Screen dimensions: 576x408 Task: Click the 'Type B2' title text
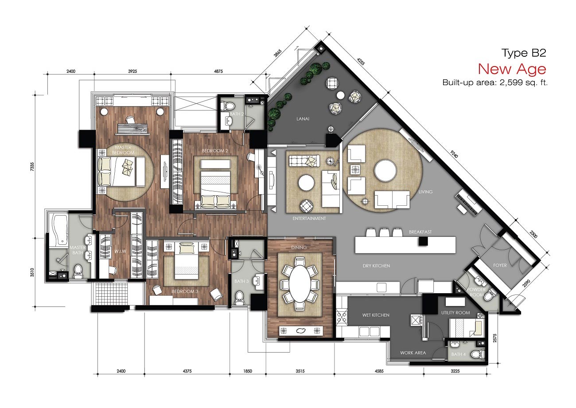point(524,53)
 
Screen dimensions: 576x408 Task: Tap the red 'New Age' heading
point(512,69)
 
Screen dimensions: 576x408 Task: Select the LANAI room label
point(303,119)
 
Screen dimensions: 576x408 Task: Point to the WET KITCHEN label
point(376,315)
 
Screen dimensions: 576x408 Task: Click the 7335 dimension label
point(32,167)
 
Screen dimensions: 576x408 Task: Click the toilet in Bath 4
point(478,354)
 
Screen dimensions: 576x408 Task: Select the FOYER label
point(500,265)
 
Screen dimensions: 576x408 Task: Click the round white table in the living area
point(385,171)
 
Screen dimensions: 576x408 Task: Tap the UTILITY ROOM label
point(455,313)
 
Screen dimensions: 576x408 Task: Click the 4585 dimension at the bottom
point(379,371)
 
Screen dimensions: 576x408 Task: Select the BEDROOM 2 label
point(215,151)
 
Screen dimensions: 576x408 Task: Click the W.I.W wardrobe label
point(121,251)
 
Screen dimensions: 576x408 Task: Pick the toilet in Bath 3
point(239,298)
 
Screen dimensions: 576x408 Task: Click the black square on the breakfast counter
point(423,241)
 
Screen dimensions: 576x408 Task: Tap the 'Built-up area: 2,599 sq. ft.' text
point(495,82)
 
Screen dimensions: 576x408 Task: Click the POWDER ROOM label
point(476,292)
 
